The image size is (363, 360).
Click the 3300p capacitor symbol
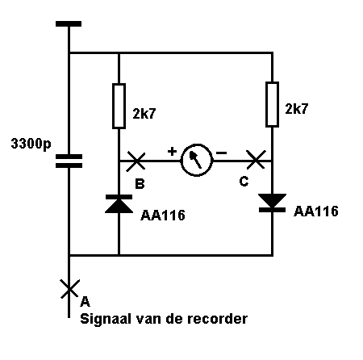[69, 161]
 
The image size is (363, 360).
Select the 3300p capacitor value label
[31, 144]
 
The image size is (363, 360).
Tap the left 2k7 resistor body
[119, 106]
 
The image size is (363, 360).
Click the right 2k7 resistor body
[272, 104]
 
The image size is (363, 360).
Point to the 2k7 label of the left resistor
[144, 114]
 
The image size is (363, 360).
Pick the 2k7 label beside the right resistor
[296, 109]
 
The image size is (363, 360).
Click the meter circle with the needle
[197, 160]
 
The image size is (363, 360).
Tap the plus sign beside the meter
[172, 152]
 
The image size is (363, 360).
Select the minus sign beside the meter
[221, 153]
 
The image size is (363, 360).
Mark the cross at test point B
[136, 161]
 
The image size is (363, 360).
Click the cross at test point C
[256, 160]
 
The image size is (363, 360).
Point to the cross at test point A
[69, 289]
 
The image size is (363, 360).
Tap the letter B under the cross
[140, 184]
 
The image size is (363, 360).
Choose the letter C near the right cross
[244, 182]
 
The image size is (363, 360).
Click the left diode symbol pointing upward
[119, 204]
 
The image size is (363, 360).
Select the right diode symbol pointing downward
[272, 203]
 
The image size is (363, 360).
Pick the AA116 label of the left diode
[163, 216]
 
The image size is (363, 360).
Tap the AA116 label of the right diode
[316, 211]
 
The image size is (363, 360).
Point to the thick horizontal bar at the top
[69, 23]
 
